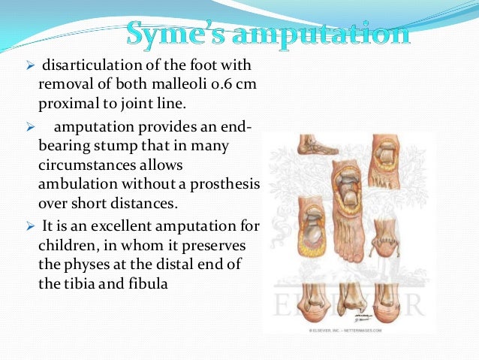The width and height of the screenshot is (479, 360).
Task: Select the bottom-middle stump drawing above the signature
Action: [x=353, y=299]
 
